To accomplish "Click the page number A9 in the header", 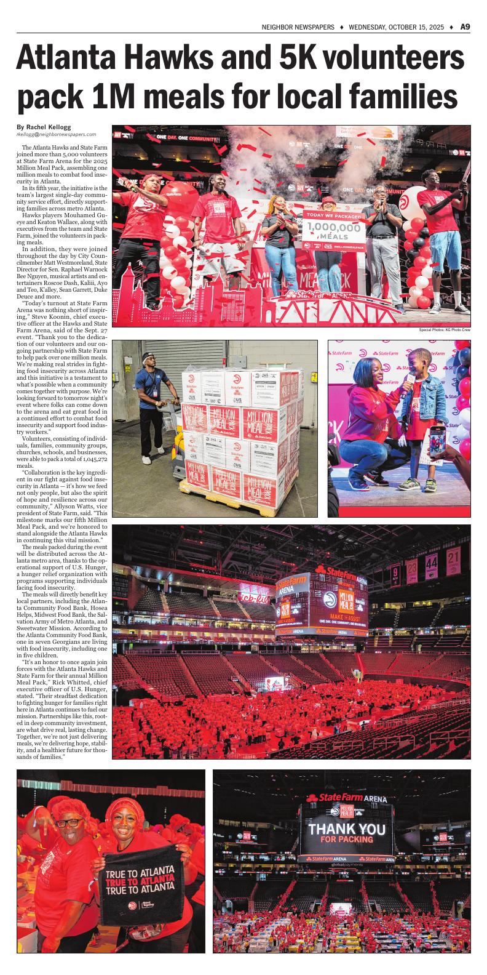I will (465, 26).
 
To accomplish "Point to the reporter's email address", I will (56, 134).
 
